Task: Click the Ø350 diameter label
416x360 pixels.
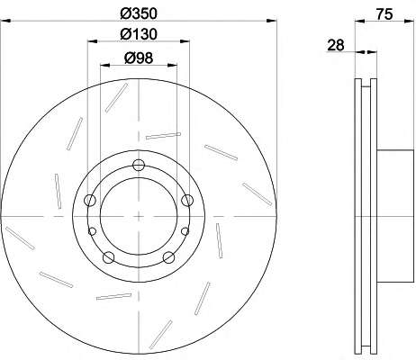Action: click(x=139, y=13)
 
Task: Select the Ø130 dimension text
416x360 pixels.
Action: click(x=139, y=34)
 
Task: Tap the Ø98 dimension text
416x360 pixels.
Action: click(x=139, y=58)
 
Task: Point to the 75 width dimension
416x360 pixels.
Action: click(x=384, y=14)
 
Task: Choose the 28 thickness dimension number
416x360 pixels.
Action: click(x=336, y=45)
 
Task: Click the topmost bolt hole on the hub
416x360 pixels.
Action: click(x=139, y=165)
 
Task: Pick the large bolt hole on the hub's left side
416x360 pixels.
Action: click(x=90, y=200)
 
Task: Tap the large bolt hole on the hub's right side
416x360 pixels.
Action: click(x=187, y=200)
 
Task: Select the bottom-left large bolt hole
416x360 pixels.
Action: click(x=109, y=257)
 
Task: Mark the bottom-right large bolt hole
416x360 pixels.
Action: click(x=169, y=257)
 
